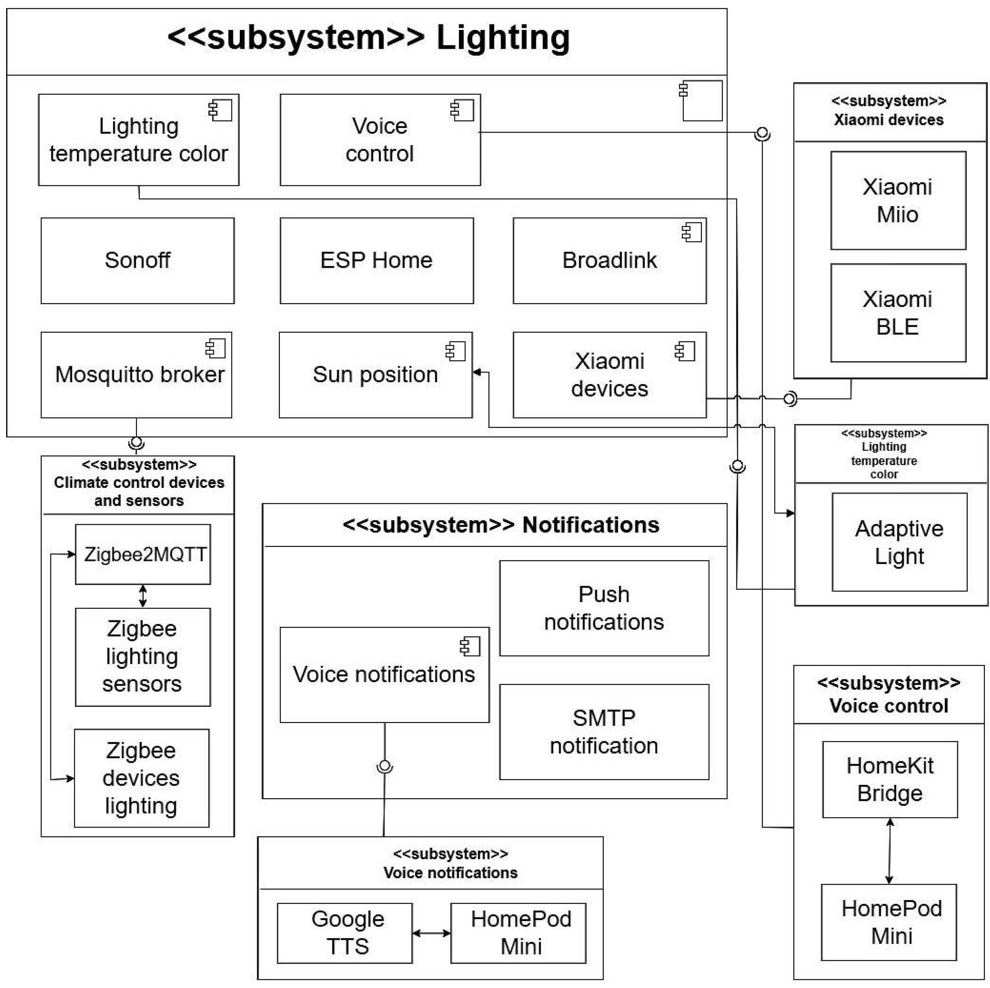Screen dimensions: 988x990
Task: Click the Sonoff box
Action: point(137,261)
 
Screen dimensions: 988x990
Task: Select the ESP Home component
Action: point(377,261)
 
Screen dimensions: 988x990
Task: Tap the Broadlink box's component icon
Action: point(691,232)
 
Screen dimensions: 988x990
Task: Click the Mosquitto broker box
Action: point(136,375)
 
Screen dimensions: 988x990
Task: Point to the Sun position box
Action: point(375,375)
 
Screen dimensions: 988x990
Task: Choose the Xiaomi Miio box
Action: point(898,200)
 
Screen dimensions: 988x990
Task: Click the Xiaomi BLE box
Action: point(898,313)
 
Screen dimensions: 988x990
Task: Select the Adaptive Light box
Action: point(899,542)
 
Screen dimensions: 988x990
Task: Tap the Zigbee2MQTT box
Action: point(143,554)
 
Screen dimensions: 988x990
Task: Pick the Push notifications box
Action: point(604,608)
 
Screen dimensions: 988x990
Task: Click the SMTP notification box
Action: point(604,732)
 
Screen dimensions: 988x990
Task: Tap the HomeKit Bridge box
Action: point(890,779)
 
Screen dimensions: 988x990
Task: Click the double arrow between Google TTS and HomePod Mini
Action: point(432,933)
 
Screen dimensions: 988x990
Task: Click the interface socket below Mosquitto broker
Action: point(136,441)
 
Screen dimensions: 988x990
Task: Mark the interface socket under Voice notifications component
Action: point(385,766)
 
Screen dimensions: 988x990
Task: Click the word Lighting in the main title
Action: point(503,38)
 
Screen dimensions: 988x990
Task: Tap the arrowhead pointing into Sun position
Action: point(477,372)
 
